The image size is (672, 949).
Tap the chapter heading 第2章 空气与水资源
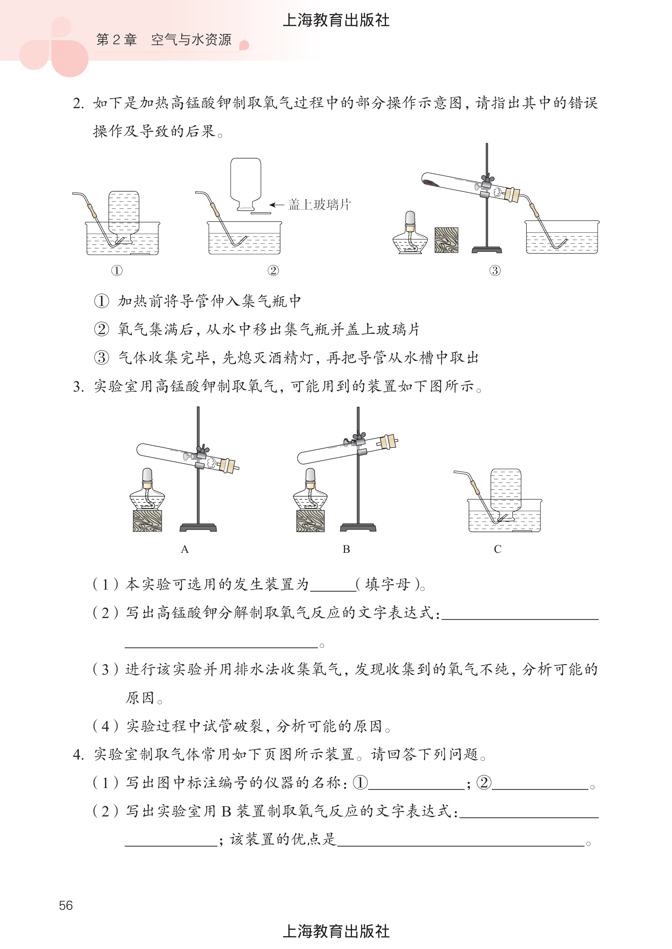click(164, 40)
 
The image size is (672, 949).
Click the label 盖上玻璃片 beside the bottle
click(319, 204)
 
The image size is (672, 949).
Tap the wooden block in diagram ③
click(446, 240)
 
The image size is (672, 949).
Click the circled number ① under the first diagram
click(117, 271)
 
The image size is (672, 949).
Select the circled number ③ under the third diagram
click(495, 271)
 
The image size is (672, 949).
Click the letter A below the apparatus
click(185, 549)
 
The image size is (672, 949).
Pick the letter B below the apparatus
click(346, 549)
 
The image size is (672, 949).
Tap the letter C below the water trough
click(497, 549)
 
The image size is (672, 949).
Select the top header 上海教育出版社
click(336, 20)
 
